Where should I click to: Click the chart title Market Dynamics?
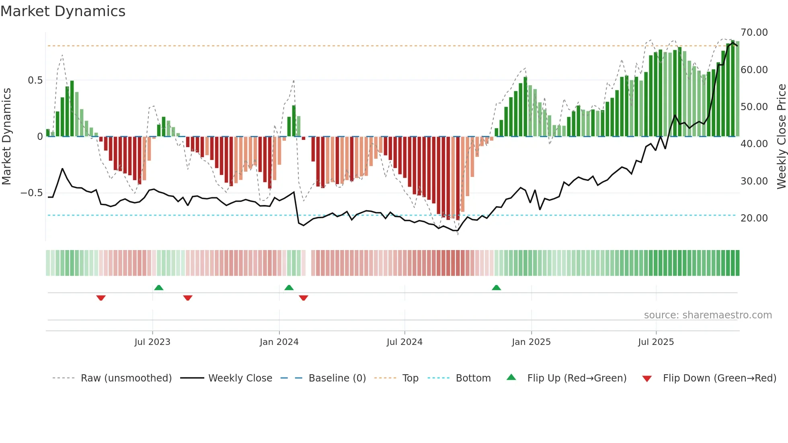(x=63, y=11)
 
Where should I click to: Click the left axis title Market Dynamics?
(x=6, y=136)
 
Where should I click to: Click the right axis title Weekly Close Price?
(x=781, y=136)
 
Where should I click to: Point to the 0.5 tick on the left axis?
(x=35, y=80)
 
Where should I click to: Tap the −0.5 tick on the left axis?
(x=32, y=193)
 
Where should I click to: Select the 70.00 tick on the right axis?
(x=754, y=33)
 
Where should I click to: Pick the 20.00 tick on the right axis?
(x=754, y=218)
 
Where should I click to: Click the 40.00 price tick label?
(x=754, y=144)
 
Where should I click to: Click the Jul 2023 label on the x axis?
(x=152, y=342)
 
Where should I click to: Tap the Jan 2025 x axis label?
(x=531, y=342)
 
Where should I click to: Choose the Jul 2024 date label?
(x=404, y=342)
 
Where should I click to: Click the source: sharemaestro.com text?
(x=708, y=315)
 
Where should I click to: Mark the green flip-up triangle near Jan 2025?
(x=497, y=288)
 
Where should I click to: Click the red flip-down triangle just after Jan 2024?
(x=304, y=298)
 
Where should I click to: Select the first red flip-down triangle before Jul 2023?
(x=101, y=298)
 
